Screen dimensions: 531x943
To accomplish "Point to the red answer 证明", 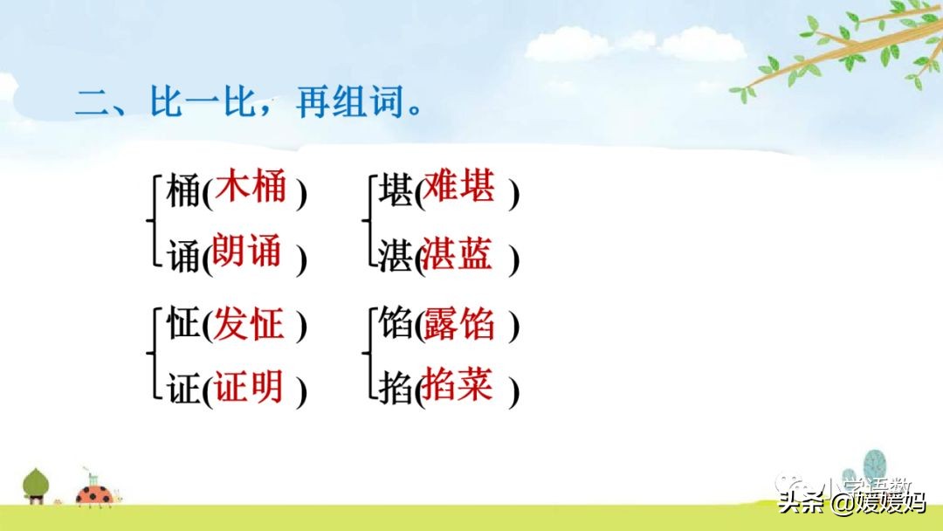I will pos(250,386).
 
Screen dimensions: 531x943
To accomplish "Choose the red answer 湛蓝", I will pos(458,253).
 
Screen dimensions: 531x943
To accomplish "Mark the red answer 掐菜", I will pos(458,385).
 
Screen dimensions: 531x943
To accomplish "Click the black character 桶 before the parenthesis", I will pos(182,192).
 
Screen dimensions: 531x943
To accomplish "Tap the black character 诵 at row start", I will pos(182,259).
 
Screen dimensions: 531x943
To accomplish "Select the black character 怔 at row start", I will pos(182,326).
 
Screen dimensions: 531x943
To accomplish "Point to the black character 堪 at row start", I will pos(396,192).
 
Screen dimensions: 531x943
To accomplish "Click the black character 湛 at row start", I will pos(396,258).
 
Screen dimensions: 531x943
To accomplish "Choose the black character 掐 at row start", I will pos(396,391).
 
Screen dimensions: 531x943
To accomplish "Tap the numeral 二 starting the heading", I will pos(89,104).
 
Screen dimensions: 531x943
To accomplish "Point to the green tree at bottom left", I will pos(36,485).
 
